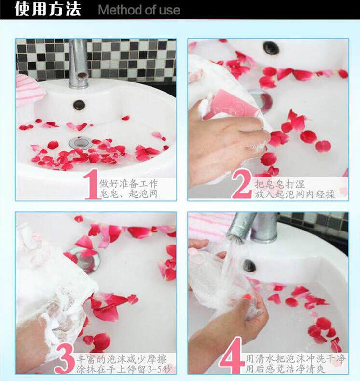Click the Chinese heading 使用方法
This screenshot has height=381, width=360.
48,9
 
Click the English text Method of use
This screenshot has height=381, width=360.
139,10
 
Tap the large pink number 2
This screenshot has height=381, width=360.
241,184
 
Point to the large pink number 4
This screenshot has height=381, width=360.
232,355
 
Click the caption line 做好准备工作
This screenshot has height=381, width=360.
128,183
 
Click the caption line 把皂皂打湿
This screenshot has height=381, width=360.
279,184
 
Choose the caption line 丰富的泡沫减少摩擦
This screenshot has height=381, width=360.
122,359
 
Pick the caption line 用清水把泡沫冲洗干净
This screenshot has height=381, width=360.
296,359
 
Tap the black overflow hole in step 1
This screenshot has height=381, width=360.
79,105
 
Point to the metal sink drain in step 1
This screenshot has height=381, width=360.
80,142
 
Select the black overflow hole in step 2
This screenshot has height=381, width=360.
270,48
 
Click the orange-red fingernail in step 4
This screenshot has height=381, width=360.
247,297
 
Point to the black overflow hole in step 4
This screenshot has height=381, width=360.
249,266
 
